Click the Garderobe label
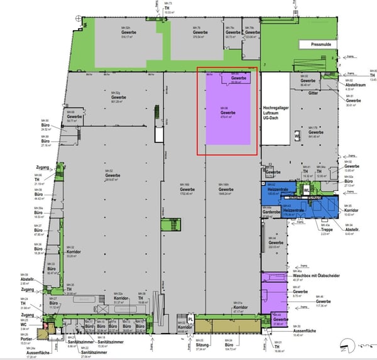(x=271, y=212)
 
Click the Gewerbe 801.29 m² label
(x=119, y=99)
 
